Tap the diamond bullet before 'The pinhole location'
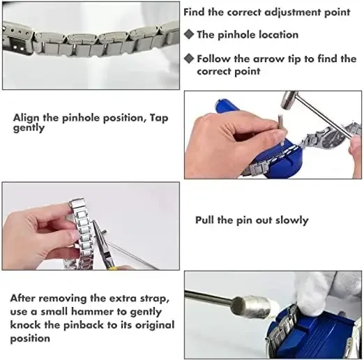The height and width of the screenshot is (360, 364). click(x=189, y=34)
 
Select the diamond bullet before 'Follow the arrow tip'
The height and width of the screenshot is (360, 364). click(x=189, y=59)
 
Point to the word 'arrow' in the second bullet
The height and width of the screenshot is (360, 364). click(x=268, y=59)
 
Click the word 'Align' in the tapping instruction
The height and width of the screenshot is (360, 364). click(x=26, y=119)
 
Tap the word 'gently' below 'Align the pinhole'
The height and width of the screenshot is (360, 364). click(x=29, y=128)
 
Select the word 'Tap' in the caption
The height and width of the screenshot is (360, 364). click(x=159, y=118)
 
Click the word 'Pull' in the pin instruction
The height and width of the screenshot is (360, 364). click(x=204, y=220)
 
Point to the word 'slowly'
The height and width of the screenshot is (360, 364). click(x=292, y=220)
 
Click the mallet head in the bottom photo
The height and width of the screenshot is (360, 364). click(x=252, y=307)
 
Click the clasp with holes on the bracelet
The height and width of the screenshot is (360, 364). click(x=17, y=40)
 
